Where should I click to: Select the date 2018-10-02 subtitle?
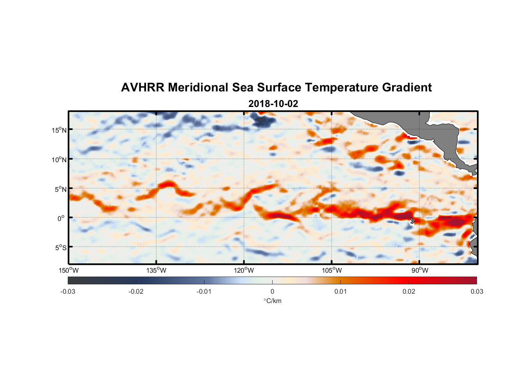273,104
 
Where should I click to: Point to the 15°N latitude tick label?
59,130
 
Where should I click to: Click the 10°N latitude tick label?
59,159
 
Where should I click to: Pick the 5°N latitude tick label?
60,189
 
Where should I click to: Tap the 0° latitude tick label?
61,219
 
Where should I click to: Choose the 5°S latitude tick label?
60,248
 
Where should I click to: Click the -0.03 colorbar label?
68,292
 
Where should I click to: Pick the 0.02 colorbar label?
409,292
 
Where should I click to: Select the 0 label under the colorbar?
272,292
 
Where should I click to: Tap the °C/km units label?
273,301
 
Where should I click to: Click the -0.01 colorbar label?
204,292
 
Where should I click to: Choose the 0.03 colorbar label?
477,292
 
